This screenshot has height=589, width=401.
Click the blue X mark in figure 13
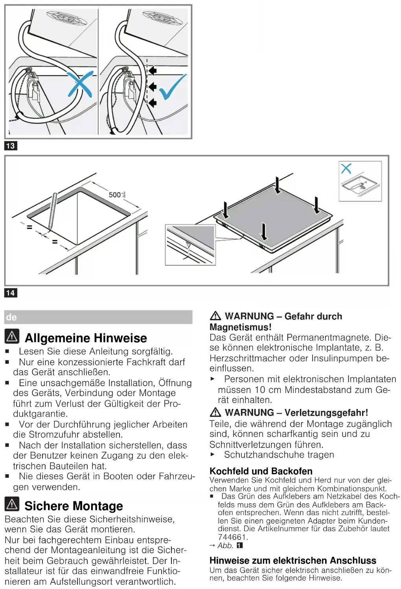coord(80,83)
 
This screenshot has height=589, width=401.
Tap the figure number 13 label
coord(11,146)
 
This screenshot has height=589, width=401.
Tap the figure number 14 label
coord(11,293)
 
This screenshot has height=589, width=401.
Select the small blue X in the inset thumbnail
coord(346,169)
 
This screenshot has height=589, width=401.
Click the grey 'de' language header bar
coord(98,317)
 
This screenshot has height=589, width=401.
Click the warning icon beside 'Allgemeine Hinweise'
coord(12,336)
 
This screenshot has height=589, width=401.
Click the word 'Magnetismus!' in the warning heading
coord(240,327)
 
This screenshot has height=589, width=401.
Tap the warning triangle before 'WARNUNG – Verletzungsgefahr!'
coord(215,412)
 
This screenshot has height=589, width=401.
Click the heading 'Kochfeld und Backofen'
coord(261,471)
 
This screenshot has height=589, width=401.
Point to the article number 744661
coord(233,537)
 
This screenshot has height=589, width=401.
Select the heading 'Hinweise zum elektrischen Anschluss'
coord(292,560)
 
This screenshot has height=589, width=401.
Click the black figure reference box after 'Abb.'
coord(240,545)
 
